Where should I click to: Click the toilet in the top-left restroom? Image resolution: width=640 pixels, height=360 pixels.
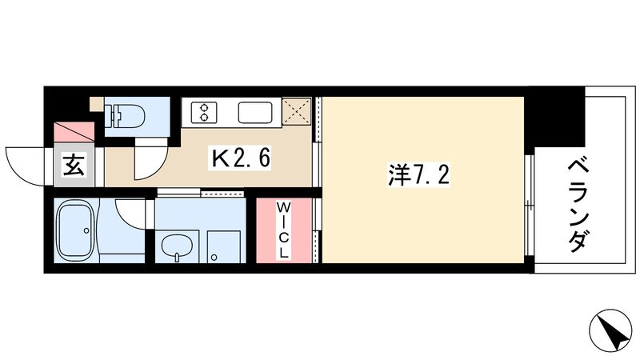click(x=127, y=115)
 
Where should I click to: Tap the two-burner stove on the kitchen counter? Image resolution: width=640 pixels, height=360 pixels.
click(x=199, y=110)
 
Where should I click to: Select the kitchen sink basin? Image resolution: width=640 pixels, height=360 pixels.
click(x=256, y=110)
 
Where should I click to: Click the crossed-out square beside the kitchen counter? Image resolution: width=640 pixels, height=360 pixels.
click(x=298, y=111)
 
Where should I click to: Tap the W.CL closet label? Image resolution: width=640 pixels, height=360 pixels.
click(x=283, y=230)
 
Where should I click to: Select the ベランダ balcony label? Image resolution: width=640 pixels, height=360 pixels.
click(x=581, y=206)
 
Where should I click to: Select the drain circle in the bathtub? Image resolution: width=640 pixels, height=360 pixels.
click(x=84, y=232)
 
